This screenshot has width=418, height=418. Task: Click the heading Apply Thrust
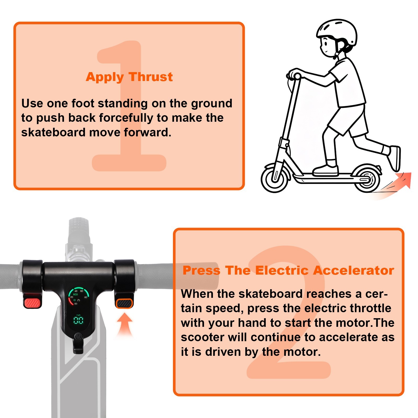click(x=129, y=77)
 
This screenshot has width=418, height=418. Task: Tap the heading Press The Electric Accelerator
click(x=288, y=270)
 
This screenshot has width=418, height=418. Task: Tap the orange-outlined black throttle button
click(x=124, y=304)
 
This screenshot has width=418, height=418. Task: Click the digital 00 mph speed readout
click(x=78, y=320)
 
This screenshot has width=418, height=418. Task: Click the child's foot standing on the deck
click(x=326, y=170)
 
